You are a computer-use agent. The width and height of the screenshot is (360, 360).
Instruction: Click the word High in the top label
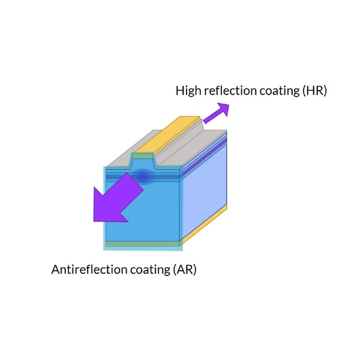tap(188, 91)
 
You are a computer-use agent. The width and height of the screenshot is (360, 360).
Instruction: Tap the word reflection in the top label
tap(230, 90)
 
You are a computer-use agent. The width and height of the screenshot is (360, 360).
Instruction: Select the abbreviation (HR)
tap(314, 91)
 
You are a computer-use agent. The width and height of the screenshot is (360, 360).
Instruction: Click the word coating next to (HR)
tap(280, 91)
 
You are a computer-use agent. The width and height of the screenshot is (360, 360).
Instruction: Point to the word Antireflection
tap(89, 269)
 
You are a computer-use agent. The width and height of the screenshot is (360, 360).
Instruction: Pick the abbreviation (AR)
tap(184, 269)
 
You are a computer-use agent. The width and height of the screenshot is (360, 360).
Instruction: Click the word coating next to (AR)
tap(150, 270)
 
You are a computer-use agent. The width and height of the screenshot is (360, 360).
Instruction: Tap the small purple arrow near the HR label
tap(217, 113)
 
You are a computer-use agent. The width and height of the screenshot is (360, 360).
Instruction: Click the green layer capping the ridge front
tap(143, 155)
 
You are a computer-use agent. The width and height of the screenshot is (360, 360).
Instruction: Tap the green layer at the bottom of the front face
tap(142, 244)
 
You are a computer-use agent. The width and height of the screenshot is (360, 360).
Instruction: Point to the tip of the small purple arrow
tap(229, 104)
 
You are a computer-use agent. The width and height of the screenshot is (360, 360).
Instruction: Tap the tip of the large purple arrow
tap(94, 221)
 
